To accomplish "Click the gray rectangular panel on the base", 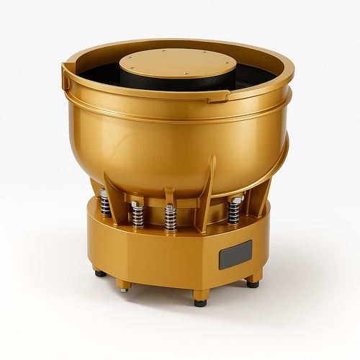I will coord(235,254).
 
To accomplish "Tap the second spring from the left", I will coord(138,215).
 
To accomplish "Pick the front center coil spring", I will coord(170,218).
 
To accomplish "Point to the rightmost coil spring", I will coord(233,210).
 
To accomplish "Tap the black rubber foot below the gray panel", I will coord(253,284).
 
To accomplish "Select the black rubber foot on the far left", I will coord(100,274).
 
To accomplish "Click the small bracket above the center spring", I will coord(170,197).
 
